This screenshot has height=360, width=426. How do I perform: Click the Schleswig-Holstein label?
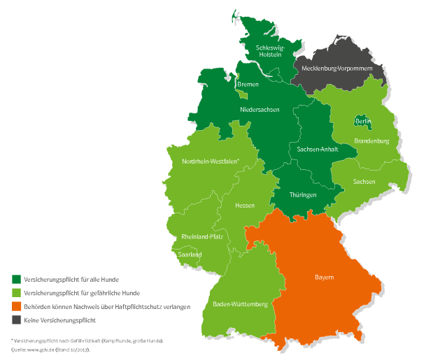tap(269, 51)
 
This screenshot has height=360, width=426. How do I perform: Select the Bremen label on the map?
tap(248, 85)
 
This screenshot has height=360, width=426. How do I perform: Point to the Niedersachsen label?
tap(260, 110)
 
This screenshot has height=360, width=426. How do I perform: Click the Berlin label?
tap(362, 122)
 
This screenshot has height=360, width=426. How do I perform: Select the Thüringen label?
tap(303, 195)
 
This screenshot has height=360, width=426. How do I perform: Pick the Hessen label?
tap(245, 206)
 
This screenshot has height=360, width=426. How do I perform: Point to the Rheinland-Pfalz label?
tap(201, 236)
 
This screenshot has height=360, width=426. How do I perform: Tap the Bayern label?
tap(323, 278)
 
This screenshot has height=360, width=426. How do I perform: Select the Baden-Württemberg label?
tap(239, 305)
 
